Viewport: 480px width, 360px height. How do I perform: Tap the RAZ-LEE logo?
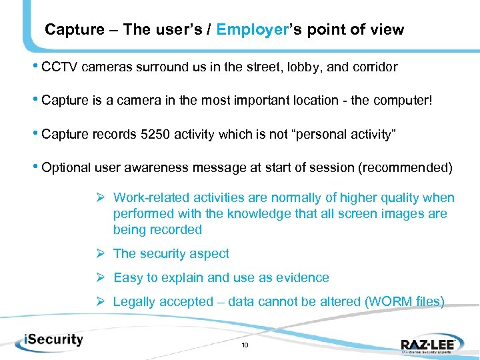[x=429, y=343]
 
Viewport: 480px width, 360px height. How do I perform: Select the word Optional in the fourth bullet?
[x=65, y=168]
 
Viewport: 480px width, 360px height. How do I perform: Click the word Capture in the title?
[x=74, y=29]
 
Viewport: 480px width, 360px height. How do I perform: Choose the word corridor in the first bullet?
[x=374, y=67]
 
